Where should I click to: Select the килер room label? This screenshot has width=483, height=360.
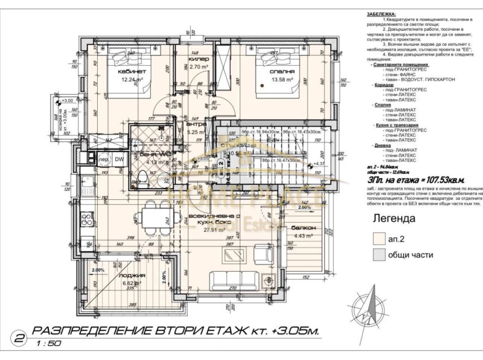198,59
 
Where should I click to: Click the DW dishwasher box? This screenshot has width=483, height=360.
120,159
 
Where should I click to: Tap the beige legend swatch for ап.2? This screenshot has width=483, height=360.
379,239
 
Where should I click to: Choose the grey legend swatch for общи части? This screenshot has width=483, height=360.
379,255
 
